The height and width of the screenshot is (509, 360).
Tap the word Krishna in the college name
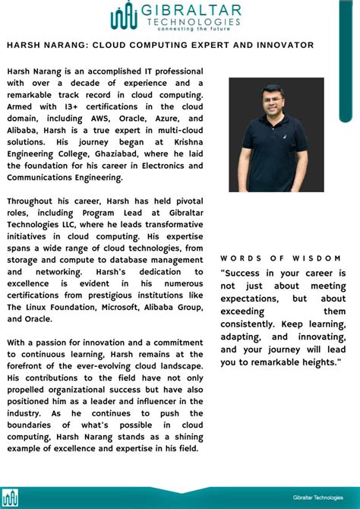point(186,142)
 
